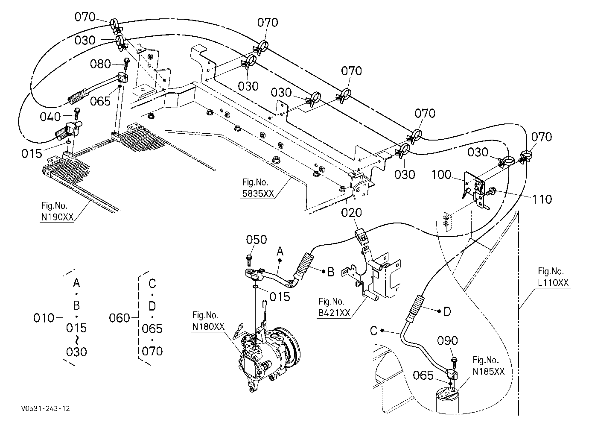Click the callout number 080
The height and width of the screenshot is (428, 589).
(x=100, y=64)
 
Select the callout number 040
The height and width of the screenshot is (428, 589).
(x=50, y=117)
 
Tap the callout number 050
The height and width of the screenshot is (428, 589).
(x=257, y=240)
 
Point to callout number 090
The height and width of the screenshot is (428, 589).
(x=447, y=340)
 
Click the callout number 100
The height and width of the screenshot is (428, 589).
(x=441, y=174)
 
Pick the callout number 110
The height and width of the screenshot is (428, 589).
(x=542, y=199)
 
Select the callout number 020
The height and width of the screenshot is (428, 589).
(x=352, y=212)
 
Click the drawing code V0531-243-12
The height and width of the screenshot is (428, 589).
(x=46, y=408)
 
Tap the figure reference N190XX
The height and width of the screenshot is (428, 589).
(x=57, y=217)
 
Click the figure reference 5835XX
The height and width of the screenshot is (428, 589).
(x=258, y=193)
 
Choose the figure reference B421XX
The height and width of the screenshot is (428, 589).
(x=334, y=312)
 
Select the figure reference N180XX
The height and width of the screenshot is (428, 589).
(x=208, y=326)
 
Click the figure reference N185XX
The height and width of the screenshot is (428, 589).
(x=489, y=372)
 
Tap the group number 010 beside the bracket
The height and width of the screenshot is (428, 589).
(x=44, y=318)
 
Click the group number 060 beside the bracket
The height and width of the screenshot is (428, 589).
(x=120, y=318)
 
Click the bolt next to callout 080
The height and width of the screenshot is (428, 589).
(x=126, y=63)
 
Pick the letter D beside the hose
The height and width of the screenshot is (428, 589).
(x=447, y=312)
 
